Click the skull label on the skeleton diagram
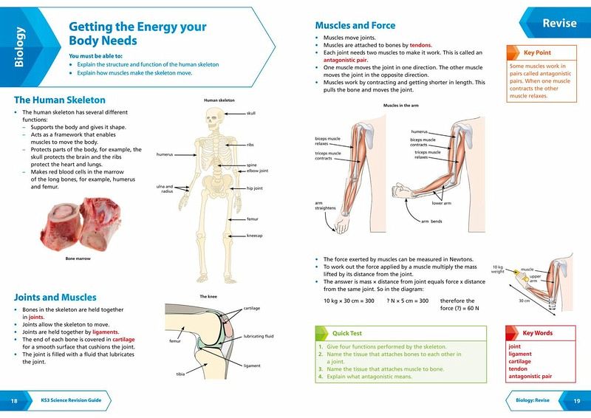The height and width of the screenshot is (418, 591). click(x=251, y=113)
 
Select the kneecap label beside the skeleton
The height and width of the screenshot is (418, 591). click(x=254, y=236)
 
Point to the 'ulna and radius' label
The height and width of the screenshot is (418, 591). click(x=165, y=189)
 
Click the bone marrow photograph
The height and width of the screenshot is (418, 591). click(x=81, y=225)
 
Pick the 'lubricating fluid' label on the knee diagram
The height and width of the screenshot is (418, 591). click(x=259, y=336)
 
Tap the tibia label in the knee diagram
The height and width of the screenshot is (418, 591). click(x=180, y=374)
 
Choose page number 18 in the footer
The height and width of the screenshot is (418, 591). click(x=14, y=401)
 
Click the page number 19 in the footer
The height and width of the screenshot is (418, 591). click(x=577, y=401)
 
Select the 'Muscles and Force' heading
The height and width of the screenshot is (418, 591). click(x=355, y=26)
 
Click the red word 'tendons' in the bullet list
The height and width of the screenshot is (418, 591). click(x=420, y=45)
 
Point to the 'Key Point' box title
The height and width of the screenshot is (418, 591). click(x=537, y=52)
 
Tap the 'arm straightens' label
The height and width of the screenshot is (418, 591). click(x=325, y=205)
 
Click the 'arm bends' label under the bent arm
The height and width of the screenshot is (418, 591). click(x=431, y=222)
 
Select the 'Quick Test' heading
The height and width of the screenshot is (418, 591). click(x=346, y=333)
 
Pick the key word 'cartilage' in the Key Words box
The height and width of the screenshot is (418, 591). click(x=520, y=361)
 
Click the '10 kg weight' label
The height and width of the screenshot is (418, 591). click(x=497, y=269)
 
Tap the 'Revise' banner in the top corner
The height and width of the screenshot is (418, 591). click(x=559, y=23)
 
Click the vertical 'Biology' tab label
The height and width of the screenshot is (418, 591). click(x=19, y=47)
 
